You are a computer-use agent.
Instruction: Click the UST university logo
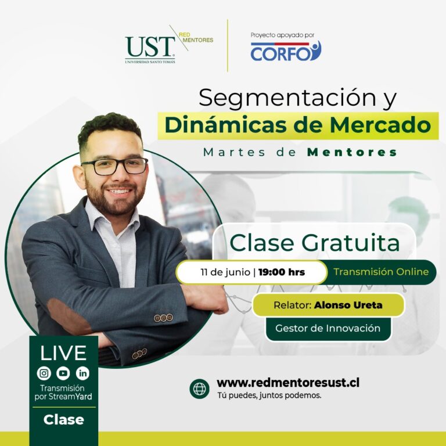click(150, 49)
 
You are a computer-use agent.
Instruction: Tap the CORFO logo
click(286, 51)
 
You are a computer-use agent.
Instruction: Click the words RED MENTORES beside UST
click(196, 38)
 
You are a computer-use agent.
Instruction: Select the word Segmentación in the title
click(287, 98)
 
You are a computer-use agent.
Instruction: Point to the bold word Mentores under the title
click(352, 152)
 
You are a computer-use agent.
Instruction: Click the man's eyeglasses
click(114, 166)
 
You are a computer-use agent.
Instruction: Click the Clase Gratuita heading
click(314, 243)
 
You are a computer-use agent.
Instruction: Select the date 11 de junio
click(225, 272)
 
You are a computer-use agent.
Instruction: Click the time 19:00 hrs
click(282, 272)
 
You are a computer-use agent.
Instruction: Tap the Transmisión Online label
click(381, 272)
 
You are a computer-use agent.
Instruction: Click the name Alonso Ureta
click(348, 305)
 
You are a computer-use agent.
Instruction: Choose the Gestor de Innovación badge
click(328, 329)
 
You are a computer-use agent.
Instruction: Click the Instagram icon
click(44, 373)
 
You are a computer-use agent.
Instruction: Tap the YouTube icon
click(63, 373)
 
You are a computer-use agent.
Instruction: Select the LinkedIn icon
click(83, 373)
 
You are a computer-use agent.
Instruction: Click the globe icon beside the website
click(199, 389)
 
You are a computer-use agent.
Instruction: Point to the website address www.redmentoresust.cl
click(288, 383)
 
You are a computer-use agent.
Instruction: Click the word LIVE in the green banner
click(63, 353)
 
